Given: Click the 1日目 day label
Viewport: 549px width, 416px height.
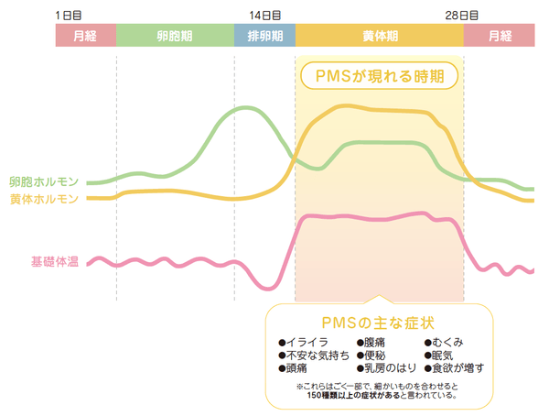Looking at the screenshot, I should [x=69, y=16].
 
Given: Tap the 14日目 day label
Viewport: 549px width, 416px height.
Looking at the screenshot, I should [x=265, y=16].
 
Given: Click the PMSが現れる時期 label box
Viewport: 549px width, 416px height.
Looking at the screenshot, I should [x=379, y=75].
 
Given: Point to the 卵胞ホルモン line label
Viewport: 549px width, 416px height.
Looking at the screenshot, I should [x=43, y=181].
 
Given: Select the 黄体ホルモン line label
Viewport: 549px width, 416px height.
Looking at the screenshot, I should [x=43, y=198].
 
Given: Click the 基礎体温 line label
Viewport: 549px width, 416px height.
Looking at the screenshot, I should [x=55, y=263].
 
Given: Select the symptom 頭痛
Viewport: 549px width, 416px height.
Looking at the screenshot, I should [x=296, y=367].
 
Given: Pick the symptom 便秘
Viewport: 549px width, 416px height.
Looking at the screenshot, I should [x=376, y=355].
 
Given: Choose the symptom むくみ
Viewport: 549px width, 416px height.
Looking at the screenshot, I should [x=448, y=343].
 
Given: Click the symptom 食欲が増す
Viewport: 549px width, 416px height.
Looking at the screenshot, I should [x=457, y=367].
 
